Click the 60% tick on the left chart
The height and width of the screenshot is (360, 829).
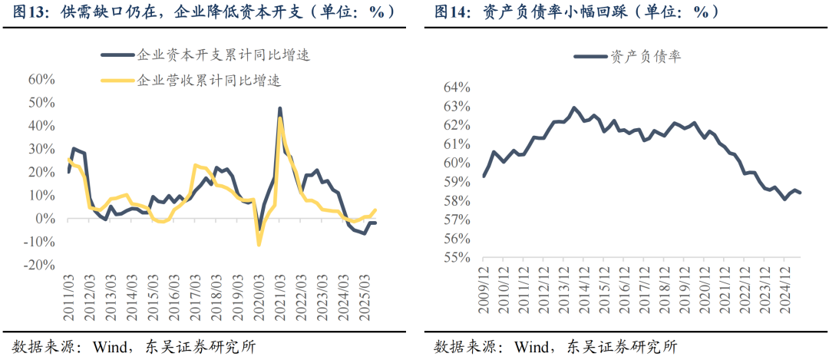[41, 79]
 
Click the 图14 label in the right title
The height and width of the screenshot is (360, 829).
[451, 12]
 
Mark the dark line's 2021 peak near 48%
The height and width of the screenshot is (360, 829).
[280, 108]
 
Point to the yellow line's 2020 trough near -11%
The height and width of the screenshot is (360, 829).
[259, 245]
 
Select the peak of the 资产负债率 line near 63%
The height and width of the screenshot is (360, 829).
[573, 107]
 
